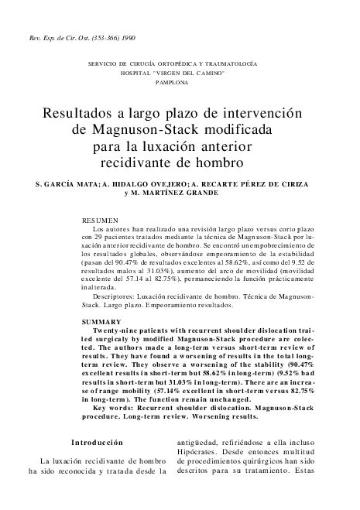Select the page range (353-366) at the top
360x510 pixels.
tap(96, 37)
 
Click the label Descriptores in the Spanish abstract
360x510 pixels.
tap(115, 296)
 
